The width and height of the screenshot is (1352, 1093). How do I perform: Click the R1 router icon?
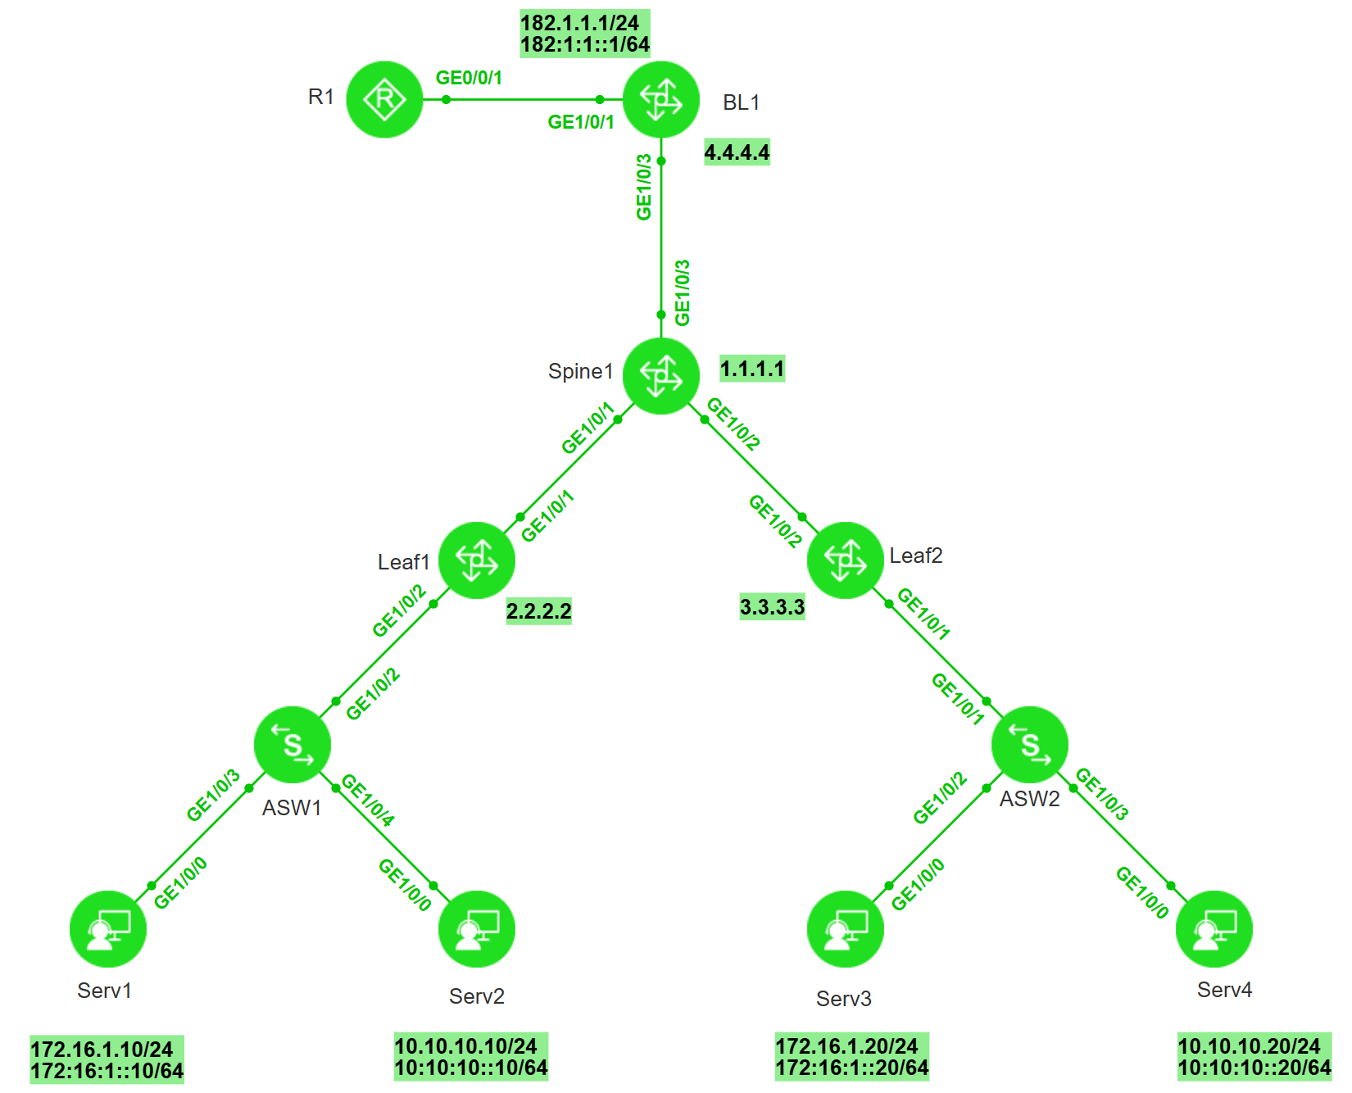(x=384, y=99)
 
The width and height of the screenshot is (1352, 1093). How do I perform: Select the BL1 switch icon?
(x=661, y=99)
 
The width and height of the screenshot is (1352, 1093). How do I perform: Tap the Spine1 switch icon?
(x=661, y=375)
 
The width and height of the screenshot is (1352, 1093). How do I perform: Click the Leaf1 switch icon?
(x=477, y=560)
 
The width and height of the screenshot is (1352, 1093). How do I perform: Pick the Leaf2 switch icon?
(x=846, y=560)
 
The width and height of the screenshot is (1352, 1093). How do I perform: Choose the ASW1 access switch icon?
(x=293, y=745)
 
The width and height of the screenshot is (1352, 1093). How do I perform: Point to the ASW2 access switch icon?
(x=1030, y=745)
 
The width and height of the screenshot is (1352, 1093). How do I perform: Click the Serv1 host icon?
(x=108, y=929)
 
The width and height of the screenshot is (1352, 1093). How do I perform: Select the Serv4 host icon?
(x=1214, y=929)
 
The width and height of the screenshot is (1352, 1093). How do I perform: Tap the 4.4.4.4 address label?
(x=737, y=152)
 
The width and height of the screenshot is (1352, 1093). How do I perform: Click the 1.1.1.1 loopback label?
(x=752, y=369)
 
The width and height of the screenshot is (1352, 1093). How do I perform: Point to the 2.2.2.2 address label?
(x=538, y=610)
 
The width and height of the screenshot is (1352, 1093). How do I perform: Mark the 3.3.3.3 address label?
(x=772, y=607)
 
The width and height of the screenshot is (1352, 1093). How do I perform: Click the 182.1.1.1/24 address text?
(x=580, y=23)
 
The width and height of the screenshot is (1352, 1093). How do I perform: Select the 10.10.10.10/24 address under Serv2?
(x=465, y=1046)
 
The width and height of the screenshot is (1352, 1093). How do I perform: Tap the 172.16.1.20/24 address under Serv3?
(x=846, y=1046)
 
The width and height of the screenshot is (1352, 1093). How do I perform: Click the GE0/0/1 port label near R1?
(x=469, y=78)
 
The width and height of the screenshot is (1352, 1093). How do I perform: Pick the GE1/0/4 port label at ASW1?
(x=368, y=800)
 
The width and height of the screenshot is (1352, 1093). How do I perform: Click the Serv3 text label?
(x=843, y=999)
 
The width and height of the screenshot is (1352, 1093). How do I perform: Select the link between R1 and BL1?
(x=524, y=100)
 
